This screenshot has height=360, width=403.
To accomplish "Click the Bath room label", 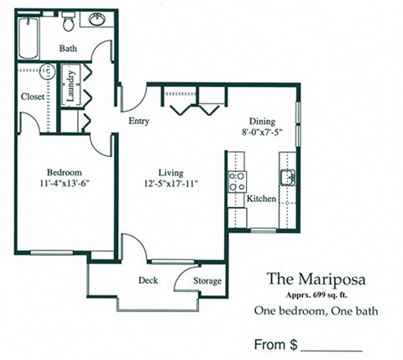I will tap(68, 49).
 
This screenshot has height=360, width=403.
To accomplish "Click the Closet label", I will tap(34, 97).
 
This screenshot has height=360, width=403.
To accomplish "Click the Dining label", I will tap(262, 120).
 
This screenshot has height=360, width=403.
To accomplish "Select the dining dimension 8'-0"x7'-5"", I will tap(262, 133).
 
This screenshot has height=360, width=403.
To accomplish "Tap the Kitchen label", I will tap(262, 199).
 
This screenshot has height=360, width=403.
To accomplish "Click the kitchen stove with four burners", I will tap(236, 181).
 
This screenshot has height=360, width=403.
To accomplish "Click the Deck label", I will tap(149, 280).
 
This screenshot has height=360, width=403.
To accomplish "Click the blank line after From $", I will tap(331, 347).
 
